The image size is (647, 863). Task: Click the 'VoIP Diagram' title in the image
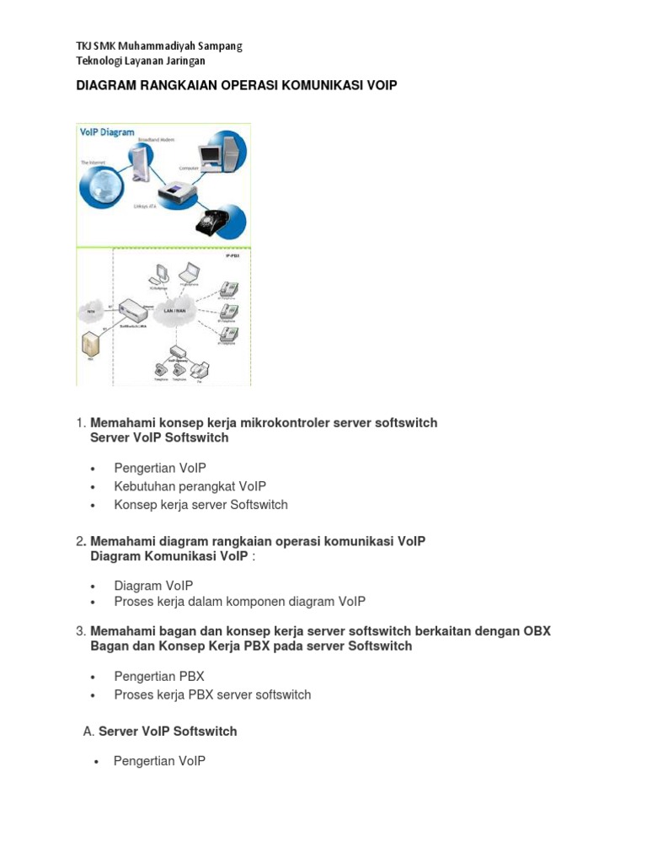[107, 132]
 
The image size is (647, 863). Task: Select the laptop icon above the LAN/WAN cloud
[190, 272]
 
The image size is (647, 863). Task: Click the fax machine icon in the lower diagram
[200, 368]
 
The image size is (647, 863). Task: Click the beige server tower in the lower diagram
[88, 346]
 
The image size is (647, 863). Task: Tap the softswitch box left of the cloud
[132, 309]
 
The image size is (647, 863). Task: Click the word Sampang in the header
[219, 46]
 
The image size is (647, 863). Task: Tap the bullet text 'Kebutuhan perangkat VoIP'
[190, 486]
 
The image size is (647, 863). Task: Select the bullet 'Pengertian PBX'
[159, 677]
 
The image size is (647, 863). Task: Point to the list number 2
[81, 542]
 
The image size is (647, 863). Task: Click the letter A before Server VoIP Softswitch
[88, 732]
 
